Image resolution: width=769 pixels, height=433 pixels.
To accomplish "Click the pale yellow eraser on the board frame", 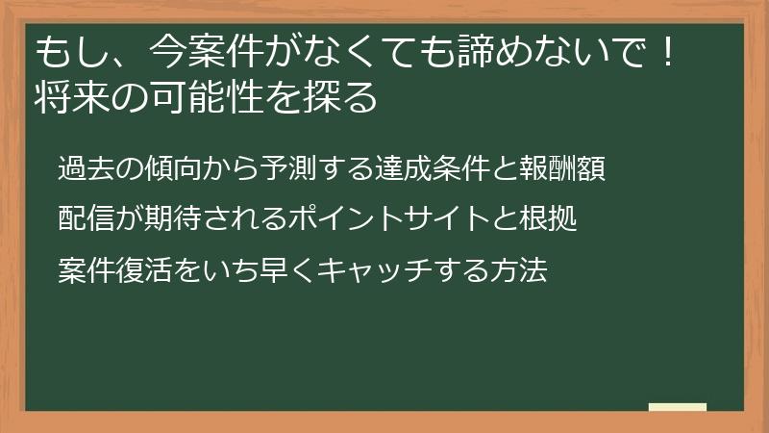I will [x=678, y=407].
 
